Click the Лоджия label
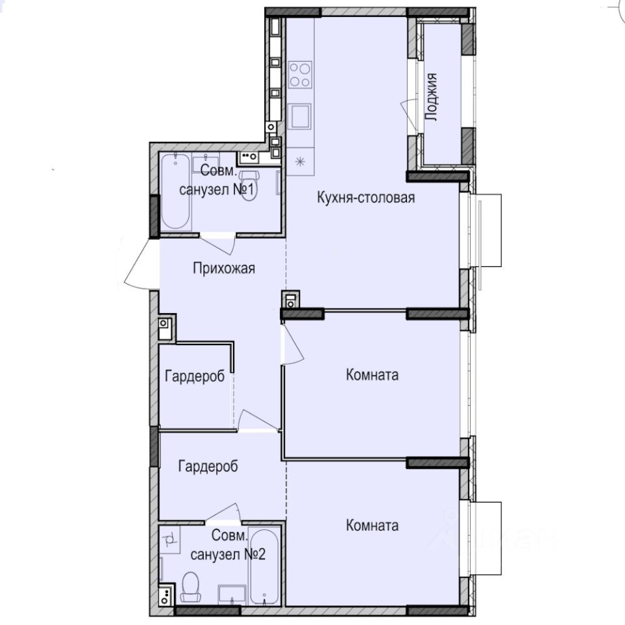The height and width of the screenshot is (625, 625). coord(430,98)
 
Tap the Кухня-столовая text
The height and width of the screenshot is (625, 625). coord(366,197)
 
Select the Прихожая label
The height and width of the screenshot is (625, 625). coord(223,268)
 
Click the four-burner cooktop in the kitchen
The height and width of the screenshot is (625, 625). coord(301,74)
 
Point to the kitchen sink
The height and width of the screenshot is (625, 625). coord(301,117)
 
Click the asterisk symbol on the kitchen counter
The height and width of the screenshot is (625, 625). coord(300,161)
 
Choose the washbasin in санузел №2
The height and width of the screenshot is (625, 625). coord(232,594)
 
